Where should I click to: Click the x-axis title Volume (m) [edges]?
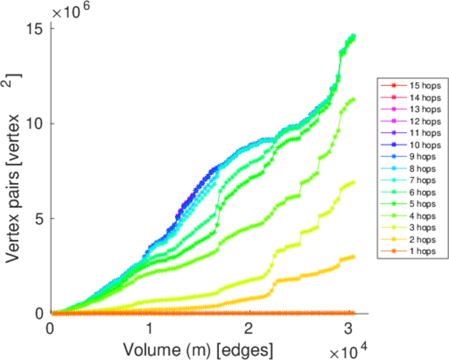pyautogui.click(x=198, y=348)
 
